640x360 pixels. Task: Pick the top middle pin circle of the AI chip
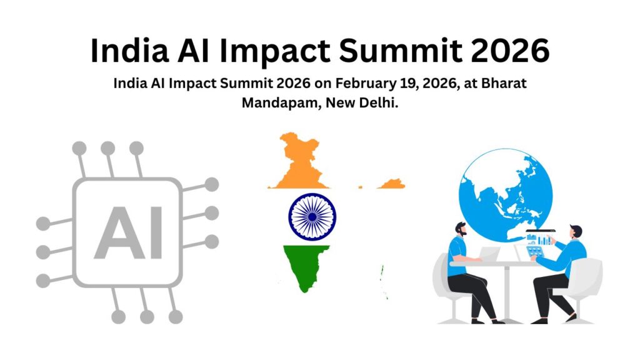coord(108,148)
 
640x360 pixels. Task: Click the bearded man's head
coord(460,229)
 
